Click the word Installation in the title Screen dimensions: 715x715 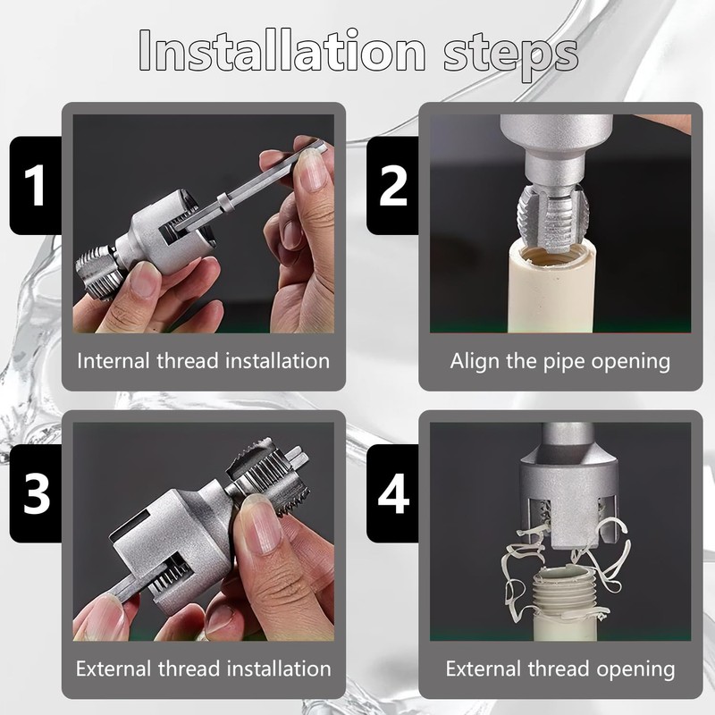coord(282,52)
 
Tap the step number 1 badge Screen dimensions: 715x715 coord(35,185)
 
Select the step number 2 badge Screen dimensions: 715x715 coord(392,185)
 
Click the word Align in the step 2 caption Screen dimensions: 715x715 coord(473,361)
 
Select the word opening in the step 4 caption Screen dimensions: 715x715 coord(636,669)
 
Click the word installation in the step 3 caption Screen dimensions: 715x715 coord(274,669)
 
